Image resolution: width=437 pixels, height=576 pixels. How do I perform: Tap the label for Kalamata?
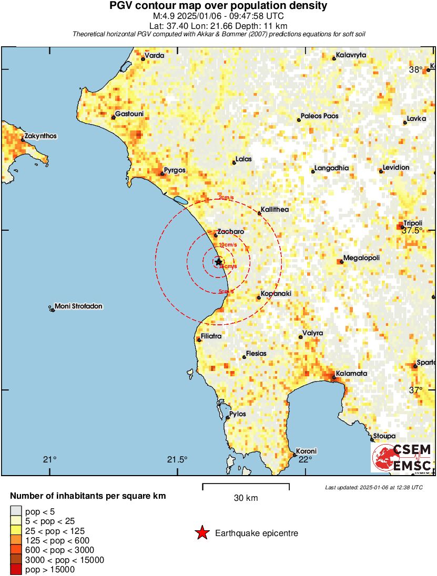point(352,374)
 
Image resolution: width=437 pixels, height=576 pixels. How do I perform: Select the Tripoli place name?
point(413,223)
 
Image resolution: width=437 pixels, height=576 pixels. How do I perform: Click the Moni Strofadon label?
point(78,306)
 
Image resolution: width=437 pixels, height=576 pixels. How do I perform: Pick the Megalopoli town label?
point(361,258)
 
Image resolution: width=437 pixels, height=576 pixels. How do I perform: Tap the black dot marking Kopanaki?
point(259,298)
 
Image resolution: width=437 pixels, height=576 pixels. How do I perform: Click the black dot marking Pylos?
point(227,418)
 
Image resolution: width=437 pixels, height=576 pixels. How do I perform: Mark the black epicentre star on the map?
point(219,261)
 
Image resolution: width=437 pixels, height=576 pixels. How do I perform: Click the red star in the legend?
point(201,533)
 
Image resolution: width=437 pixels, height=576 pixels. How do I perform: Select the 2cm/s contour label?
point(226,198)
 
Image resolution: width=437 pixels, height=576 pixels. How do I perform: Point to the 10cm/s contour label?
point(227,245)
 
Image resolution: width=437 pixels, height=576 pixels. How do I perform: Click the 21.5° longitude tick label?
point(177,459)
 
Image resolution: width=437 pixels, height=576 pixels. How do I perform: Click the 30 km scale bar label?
point(246,498)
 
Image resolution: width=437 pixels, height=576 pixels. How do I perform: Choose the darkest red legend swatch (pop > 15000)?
point(16,570)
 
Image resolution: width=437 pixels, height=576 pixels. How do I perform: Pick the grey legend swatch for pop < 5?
point(16,510)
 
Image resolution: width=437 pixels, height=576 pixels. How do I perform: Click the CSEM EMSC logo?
point(402,458)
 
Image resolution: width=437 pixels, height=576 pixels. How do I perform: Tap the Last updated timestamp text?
point(373,487)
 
